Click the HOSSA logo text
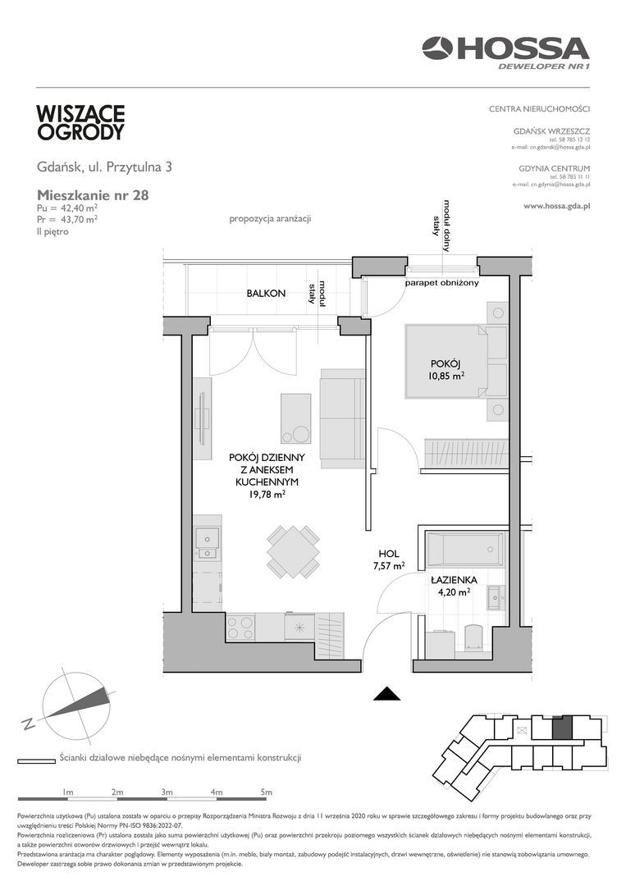click(x=523, y=48)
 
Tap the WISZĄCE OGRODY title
click(x=80, y=122)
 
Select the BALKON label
click(x=266, y=293)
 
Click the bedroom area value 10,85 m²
click(x=446, y=374)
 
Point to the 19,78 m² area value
click(x=267, y=495)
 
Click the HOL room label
click(x=389, y=555)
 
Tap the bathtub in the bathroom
click(x=463, y=550)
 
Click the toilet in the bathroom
click(x=473, y=636)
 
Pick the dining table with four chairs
click(x=293, y=552)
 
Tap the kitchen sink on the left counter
click(x=208, y=543)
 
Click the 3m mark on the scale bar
click(x=167, y=792)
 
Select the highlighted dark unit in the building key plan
click(x=562, y=727)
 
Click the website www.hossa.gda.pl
click(x=557, y=206)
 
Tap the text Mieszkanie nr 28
click(x=93, y=195)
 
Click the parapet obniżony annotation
click(x=442, y=282)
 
